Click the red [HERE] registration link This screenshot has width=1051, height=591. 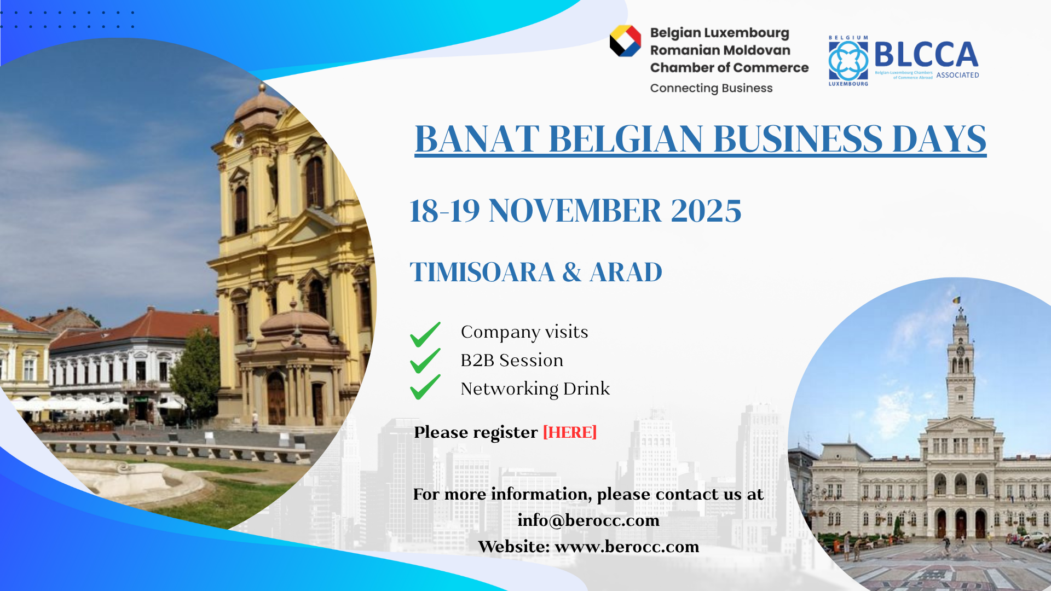point(569,432)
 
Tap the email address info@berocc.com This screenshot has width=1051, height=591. point(588,520)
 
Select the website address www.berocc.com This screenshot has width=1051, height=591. point(627,546)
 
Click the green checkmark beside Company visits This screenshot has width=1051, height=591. point(425,334)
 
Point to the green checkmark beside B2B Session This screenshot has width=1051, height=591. point(425,361)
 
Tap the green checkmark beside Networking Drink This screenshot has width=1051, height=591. point(425,387)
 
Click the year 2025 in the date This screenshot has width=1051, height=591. point(706,211)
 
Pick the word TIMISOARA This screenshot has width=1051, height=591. point(482,272)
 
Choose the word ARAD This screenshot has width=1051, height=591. point(626,272)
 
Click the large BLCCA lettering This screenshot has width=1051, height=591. point(926,54)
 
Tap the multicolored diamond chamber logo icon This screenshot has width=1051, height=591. point(625,41)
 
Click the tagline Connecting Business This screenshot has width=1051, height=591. point(711,88)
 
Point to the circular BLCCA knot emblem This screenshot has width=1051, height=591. point(848,61)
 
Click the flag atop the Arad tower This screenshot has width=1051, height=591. point(957,300)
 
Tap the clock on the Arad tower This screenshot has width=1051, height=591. point(960,351)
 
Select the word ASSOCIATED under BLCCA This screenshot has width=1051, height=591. point(957,75)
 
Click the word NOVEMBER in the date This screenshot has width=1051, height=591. point(575,211)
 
